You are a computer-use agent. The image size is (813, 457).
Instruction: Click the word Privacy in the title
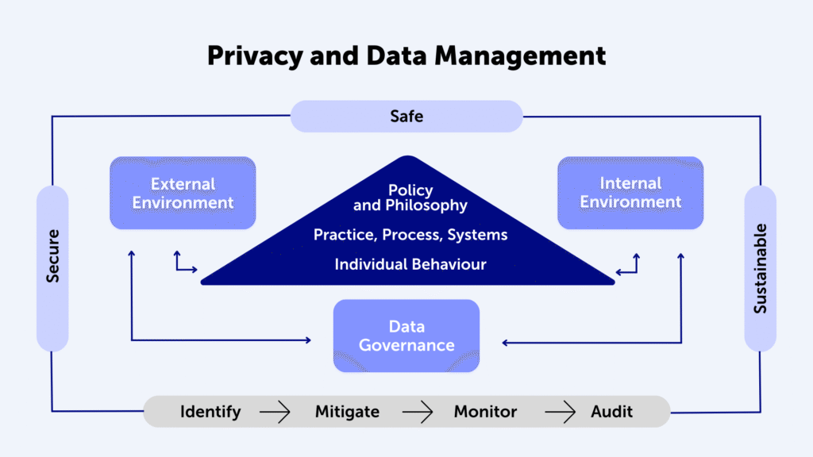pyautogui.click(x=255, y=56)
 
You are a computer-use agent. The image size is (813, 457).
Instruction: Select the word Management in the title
pyautogui.click(x=520, y=56)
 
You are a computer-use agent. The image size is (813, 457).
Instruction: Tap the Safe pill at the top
pyautogui.click(x=406, y=116)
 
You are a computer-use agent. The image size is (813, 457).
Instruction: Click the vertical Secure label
pyautogui.click(x=53, y=256)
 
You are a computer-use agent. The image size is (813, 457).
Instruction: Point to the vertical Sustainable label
pyautogui.click(x=760, y=268)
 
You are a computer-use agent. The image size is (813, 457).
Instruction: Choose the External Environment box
pyautogui.click(x=183, y=193)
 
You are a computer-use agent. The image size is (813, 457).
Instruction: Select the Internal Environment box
pyautogui.click(x=630, y=193)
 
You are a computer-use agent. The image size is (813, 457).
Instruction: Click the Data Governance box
pyautogui.click(x=406, y=336)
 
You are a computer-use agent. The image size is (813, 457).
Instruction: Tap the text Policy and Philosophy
pyautogui.click(x=410, y=198)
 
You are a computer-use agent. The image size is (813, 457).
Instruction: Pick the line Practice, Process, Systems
pyautogui.click(x=410, y=235)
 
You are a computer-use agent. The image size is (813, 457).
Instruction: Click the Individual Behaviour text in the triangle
pyautogui.click(x=410, y=264)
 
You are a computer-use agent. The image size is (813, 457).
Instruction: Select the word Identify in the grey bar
pyautogui.click(x=210, y=412)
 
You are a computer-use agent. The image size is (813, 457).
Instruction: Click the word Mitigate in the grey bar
pyautogui.click(x=348, y=412)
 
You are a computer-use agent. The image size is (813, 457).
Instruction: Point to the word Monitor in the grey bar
pyautogui.click(x=485, y=412)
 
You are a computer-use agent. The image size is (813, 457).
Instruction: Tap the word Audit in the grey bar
pyautogui.click(x=612, y=412)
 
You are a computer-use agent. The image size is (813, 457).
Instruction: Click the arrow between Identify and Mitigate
pyautogui.click(x=275, y=412)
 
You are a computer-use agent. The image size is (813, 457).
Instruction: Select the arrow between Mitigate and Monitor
pyautogui.click(x=418, y=412)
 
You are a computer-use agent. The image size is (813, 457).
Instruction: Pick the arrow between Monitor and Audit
pyautogui.click(x=560, y=412)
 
